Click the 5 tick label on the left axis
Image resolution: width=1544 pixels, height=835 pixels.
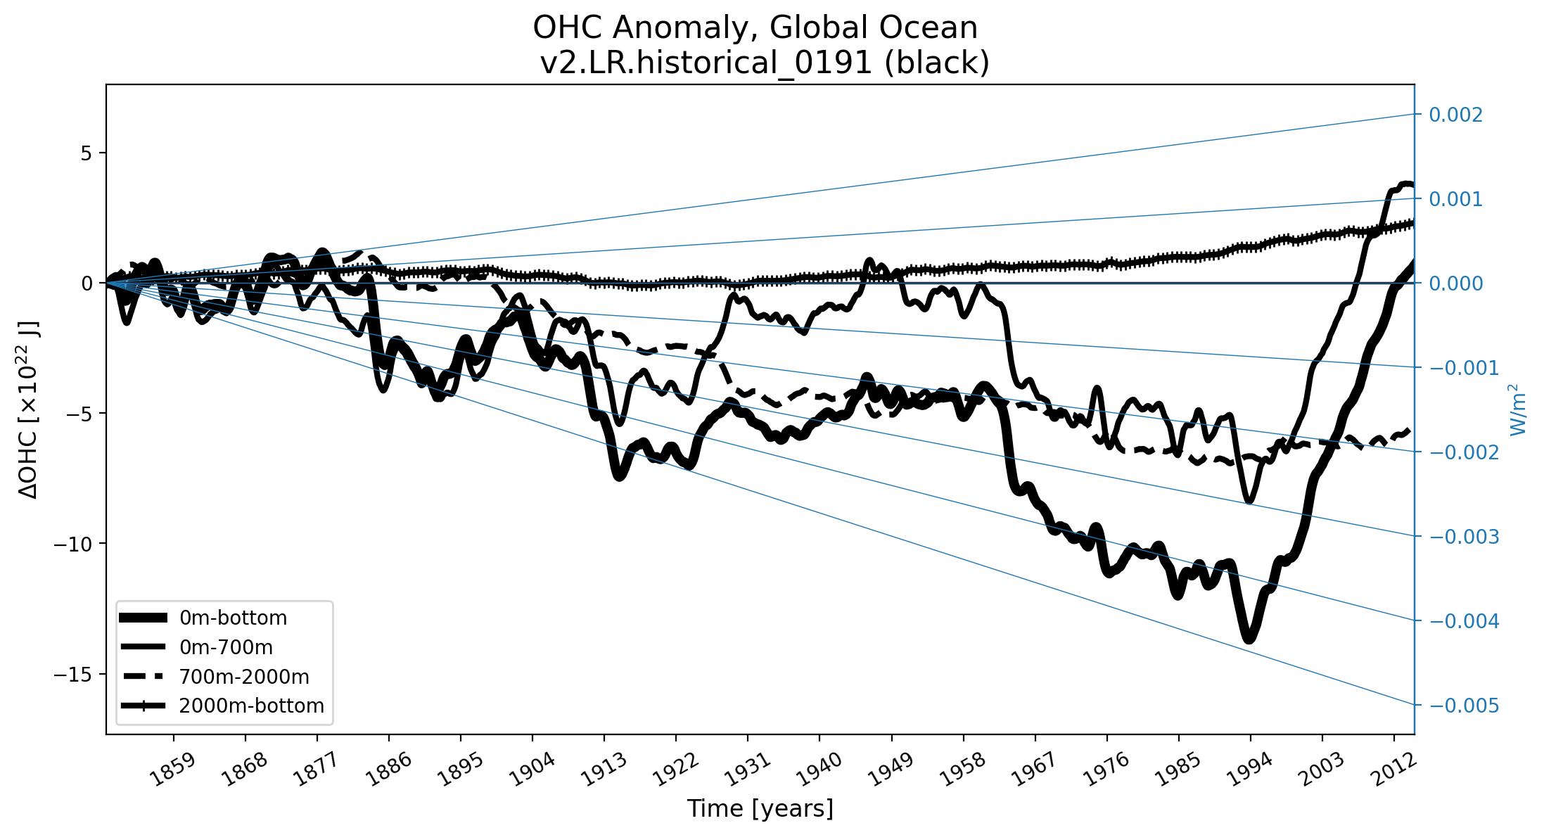coord(87,153)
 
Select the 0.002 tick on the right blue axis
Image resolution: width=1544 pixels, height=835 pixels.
coord(1455,115)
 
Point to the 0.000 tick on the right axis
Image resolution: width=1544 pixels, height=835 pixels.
coord(1455,283)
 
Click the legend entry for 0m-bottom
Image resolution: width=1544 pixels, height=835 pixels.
coord(233,618)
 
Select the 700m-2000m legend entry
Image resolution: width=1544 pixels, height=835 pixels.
coord(243,677)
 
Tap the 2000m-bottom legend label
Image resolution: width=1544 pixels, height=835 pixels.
coord(251,706)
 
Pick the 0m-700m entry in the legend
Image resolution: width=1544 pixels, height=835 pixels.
coord(226,647)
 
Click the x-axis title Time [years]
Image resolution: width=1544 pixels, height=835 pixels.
coord(760,809)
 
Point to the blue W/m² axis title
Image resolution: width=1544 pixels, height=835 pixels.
coord(1519,409)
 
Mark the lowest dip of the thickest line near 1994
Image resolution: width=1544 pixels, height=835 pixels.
coord(1249,639)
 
